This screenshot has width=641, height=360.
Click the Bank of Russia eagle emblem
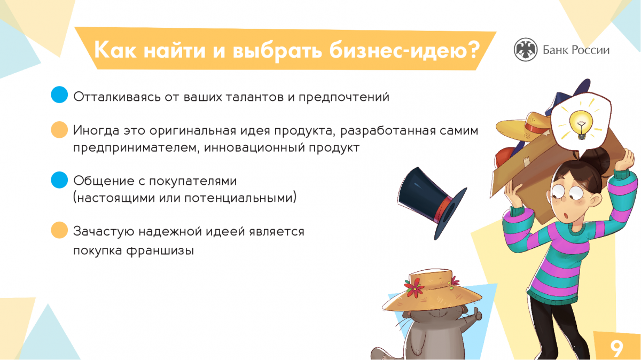526,50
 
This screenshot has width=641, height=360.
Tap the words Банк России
576,50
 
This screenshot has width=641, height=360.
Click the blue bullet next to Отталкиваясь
59,95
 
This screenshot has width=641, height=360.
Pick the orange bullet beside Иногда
59,130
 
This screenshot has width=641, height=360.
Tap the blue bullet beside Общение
59,180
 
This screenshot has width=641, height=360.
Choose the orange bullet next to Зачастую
59,230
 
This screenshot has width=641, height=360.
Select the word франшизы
160,251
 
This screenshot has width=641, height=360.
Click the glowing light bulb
581,124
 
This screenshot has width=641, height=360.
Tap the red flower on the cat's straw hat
414,287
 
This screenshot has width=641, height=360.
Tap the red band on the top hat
442,209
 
